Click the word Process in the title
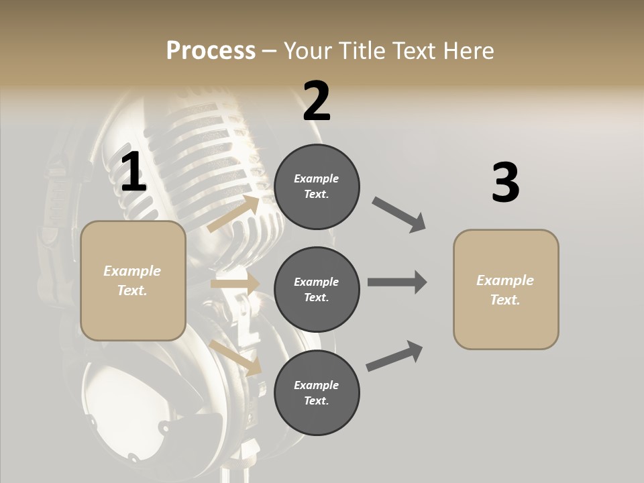pos(211,51)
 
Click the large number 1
pos(133,172)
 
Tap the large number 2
pos(317,101)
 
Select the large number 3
pos(505,182)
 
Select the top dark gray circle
pos(317,186)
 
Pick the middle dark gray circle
pos(317,289)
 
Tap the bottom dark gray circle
pos(317,392)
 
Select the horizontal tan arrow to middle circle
pos(235,284)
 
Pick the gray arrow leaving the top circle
pos(399,215)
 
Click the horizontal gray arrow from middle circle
pos(397,282)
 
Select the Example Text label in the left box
pos(133,280)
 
